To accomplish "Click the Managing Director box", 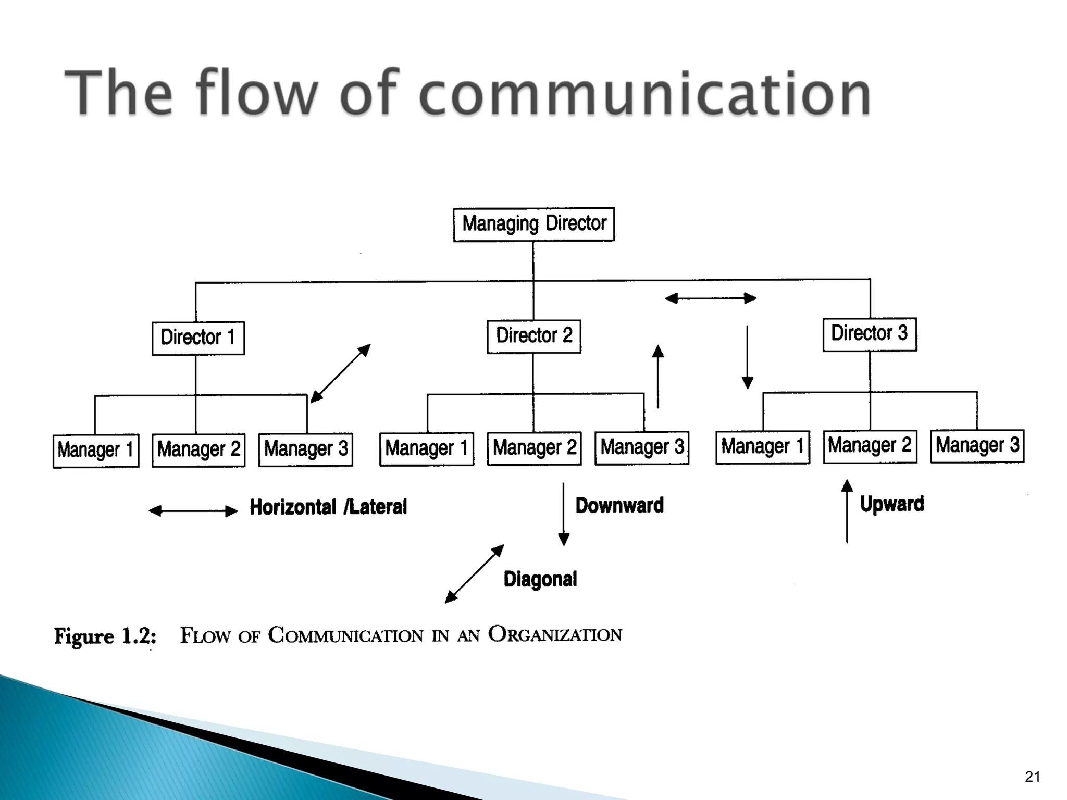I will [533, 224].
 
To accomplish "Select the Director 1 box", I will [198, 338].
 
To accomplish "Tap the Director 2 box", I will [533, 336].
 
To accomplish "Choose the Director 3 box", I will [869, 334].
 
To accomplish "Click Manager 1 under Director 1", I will [96, 451].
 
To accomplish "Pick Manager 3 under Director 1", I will [305, 449].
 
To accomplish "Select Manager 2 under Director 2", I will [534, 448].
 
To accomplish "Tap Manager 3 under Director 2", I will [641, 447].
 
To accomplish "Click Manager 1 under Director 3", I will [762, 447].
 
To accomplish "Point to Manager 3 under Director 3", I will [977, 446].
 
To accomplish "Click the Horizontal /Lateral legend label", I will [328, 507].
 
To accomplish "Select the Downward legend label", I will [619, 505].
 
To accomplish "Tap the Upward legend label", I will [892, 504].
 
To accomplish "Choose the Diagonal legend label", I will [540, 579].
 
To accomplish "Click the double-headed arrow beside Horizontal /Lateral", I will [193, 511].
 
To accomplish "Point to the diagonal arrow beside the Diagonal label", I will [474, 574].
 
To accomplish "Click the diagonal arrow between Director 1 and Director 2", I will [340, 373].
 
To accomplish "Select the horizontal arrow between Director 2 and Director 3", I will [711, 298].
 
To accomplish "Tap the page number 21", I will [1032, 777].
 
